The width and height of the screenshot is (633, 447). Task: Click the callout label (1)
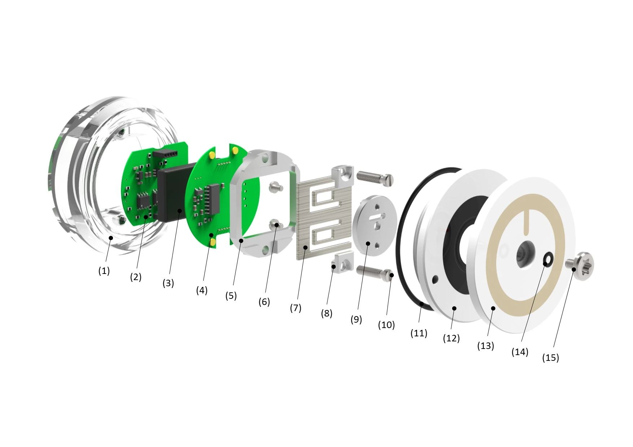pos(104,271)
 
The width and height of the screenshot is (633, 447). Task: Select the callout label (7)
pos(296,308)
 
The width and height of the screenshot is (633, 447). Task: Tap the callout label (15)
pos(551,358)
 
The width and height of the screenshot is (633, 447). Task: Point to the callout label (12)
pos(451,338)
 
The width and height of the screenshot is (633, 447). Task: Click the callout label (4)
pos(202,290)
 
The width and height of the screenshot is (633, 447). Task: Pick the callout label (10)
pos(387,325)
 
